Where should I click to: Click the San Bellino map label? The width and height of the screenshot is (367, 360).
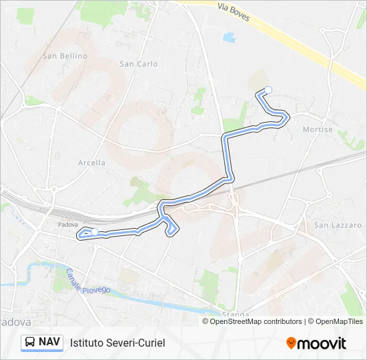point(65,56)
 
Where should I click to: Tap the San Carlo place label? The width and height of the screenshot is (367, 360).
point(138,64)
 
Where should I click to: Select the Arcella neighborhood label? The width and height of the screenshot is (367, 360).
point(91,162)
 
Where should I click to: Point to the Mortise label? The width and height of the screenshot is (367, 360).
point(318,129)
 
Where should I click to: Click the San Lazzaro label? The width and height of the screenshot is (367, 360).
point(338,225)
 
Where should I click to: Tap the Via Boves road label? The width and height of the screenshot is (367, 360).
point(234,11)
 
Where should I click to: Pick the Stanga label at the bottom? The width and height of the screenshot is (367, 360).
point(237,314)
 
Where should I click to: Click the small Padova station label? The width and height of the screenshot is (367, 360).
point(68,225)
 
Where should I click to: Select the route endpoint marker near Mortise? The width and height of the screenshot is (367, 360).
point(268,90)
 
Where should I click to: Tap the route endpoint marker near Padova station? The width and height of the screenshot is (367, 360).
point(95,232)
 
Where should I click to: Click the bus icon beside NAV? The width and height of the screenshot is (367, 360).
point(30,343)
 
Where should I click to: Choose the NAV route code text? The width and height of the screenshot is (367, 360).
point(50,343)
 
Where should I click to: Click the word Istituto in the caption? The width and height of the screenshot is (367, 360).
point(88,343)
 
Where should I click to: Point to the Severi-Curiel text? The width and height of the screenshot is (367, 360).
point(136,343)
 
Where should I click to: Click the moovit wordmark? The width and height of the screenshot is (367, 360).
point(322,343)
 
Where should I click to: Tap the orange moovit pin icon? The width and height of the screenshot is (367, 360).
point(291,343)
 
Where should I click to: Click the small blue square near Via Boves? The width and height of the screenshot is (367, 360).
point(230,37)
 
